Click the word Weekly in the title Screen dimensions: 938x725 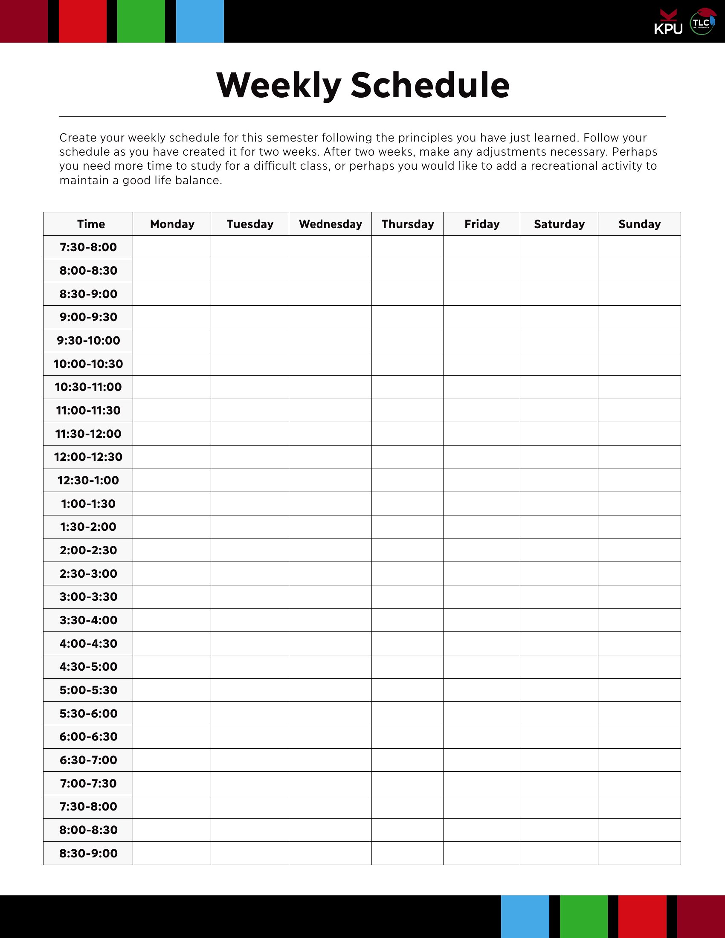[x=279, y=85]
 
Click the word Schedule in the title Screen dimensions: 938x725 [x=430, y=85]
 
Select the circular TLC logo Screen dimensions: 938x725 [x=702, y=22]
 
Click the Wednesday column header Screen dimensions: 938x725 [x=330, y=224]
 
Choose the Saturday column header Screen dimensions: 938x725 [x=559, y=224]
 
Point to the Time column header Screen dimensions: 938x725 [x=90, y=224]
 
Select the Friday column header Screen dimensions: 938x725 [x=481, y=224]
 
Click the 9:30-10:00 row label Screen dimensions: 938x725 [x=88, y=341]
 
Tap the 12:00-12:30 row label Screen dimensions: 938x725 [x=88, y=457]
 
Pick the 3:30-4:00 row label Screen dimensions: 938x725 [x=88, y=620]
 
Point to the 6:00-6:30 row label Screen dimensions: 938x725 [x=88, y=737]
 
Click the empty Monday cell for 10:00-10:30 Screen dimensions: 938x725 [x=172, y=364]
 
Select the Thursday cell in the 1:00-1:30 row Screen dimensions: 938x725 [x=407, y=504]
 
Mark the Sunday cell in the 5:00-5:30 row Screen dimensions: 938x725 [x=639, y=690]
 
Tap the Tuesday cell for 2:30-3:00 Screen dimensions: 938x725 [x=249, y=573]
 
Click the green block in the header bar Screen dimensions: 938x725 [x=141, y=21]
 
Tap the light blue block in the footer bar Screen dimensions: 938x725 [x=525, y=917]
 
